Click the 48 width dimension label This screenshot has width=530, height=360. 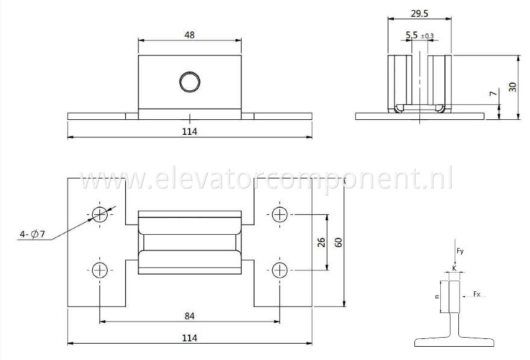click(190, 35)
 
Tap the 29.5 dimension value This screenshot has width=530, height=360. click(419, 13)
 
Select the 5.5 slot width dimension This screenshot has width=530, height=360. click(412, 35)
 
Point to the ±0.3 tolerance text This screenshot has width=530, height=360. click(427, 36)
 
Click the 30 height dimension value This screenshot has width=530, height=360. click(513, 87)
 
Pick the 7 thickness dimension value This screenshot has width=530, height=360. click(493, 93)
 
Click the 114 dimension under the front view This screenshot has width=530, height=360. click(190, 131)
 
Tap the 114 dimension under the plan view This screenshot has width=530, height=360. click(190, 338)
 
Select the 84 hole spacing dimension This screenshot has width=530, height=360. click(190, 316)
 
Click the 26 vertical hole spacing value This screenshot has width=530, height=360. click(322, 242)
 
